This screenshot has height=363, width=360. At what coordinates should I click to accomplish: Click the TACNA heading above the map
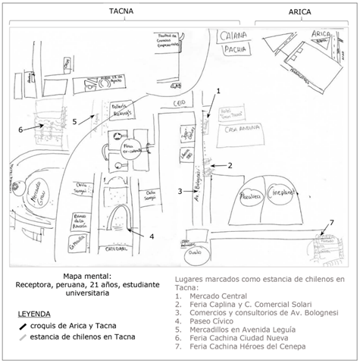[x=121, y=12]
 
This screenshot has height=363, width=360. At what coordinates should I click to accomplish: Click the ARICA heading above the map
[x=299, y=12]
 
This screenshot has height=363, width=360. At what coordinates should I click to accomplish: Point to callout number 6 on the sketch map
[x=20, y=130]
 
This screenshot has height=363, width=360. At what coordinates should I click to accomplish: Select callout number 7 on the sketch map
[x=331, y=222]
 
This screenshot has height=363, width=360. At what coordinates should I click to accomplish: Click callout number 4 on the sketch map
[x=152, y=236]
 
